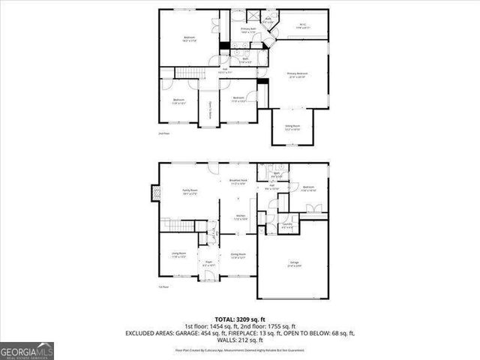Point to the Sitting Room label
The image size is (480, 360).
(292, 127)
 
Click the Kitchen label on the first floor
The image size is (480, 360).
(241, 217)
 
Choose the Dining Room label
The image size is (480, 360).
(238, 256)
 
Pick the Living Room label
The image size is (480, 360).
(178, 256)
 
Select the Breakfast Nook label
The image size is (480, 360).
(238, 182)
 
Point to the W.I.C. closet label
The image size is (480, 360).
(303, 26)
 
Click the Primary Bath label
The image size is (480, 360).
(248, 31)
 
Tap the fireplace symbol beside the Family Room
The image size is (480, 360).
(156, 193)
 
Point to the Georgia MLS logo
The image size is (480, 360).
(27, 350)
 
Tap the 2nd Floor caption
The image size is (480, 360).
(163, 133)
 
